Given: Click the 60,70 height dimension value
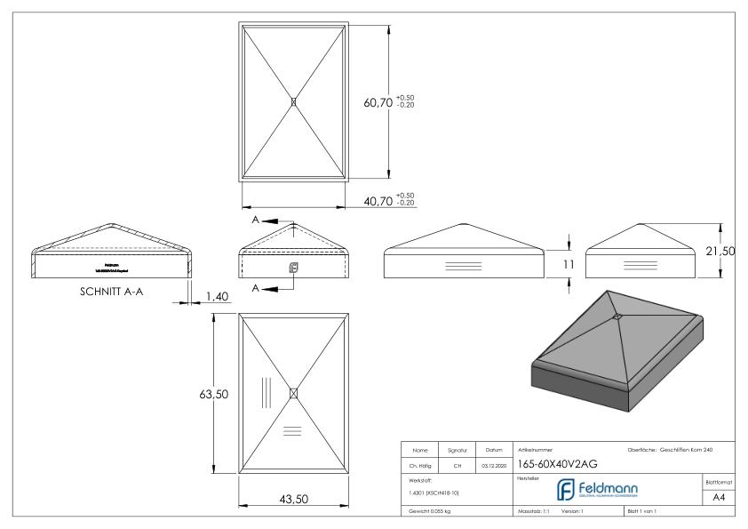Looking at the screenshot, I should (378, 103).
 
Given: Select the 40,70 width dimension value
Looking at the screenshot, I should (378, 203).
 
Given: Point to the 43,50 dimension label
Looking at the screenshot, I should (293, 500).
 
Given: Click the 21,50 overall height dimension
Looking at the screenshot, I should (720, 252).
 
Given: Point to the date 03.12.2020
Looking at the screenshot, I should (493, 462).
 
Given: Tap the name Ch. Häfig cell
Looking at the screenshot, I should (421, 462).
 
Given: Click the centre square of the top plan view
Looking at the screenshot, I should (294, 102).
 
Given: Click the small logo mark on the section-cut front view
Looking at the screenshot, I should (294, 266).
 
